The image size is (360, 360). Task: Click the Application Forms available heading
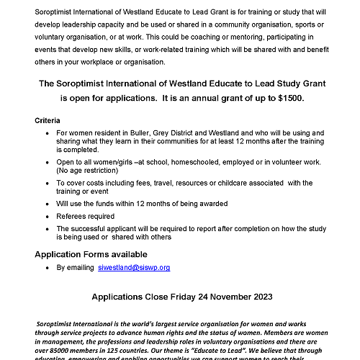(91, 254)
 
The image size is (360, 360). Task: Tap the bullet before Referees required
(48, 216)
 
